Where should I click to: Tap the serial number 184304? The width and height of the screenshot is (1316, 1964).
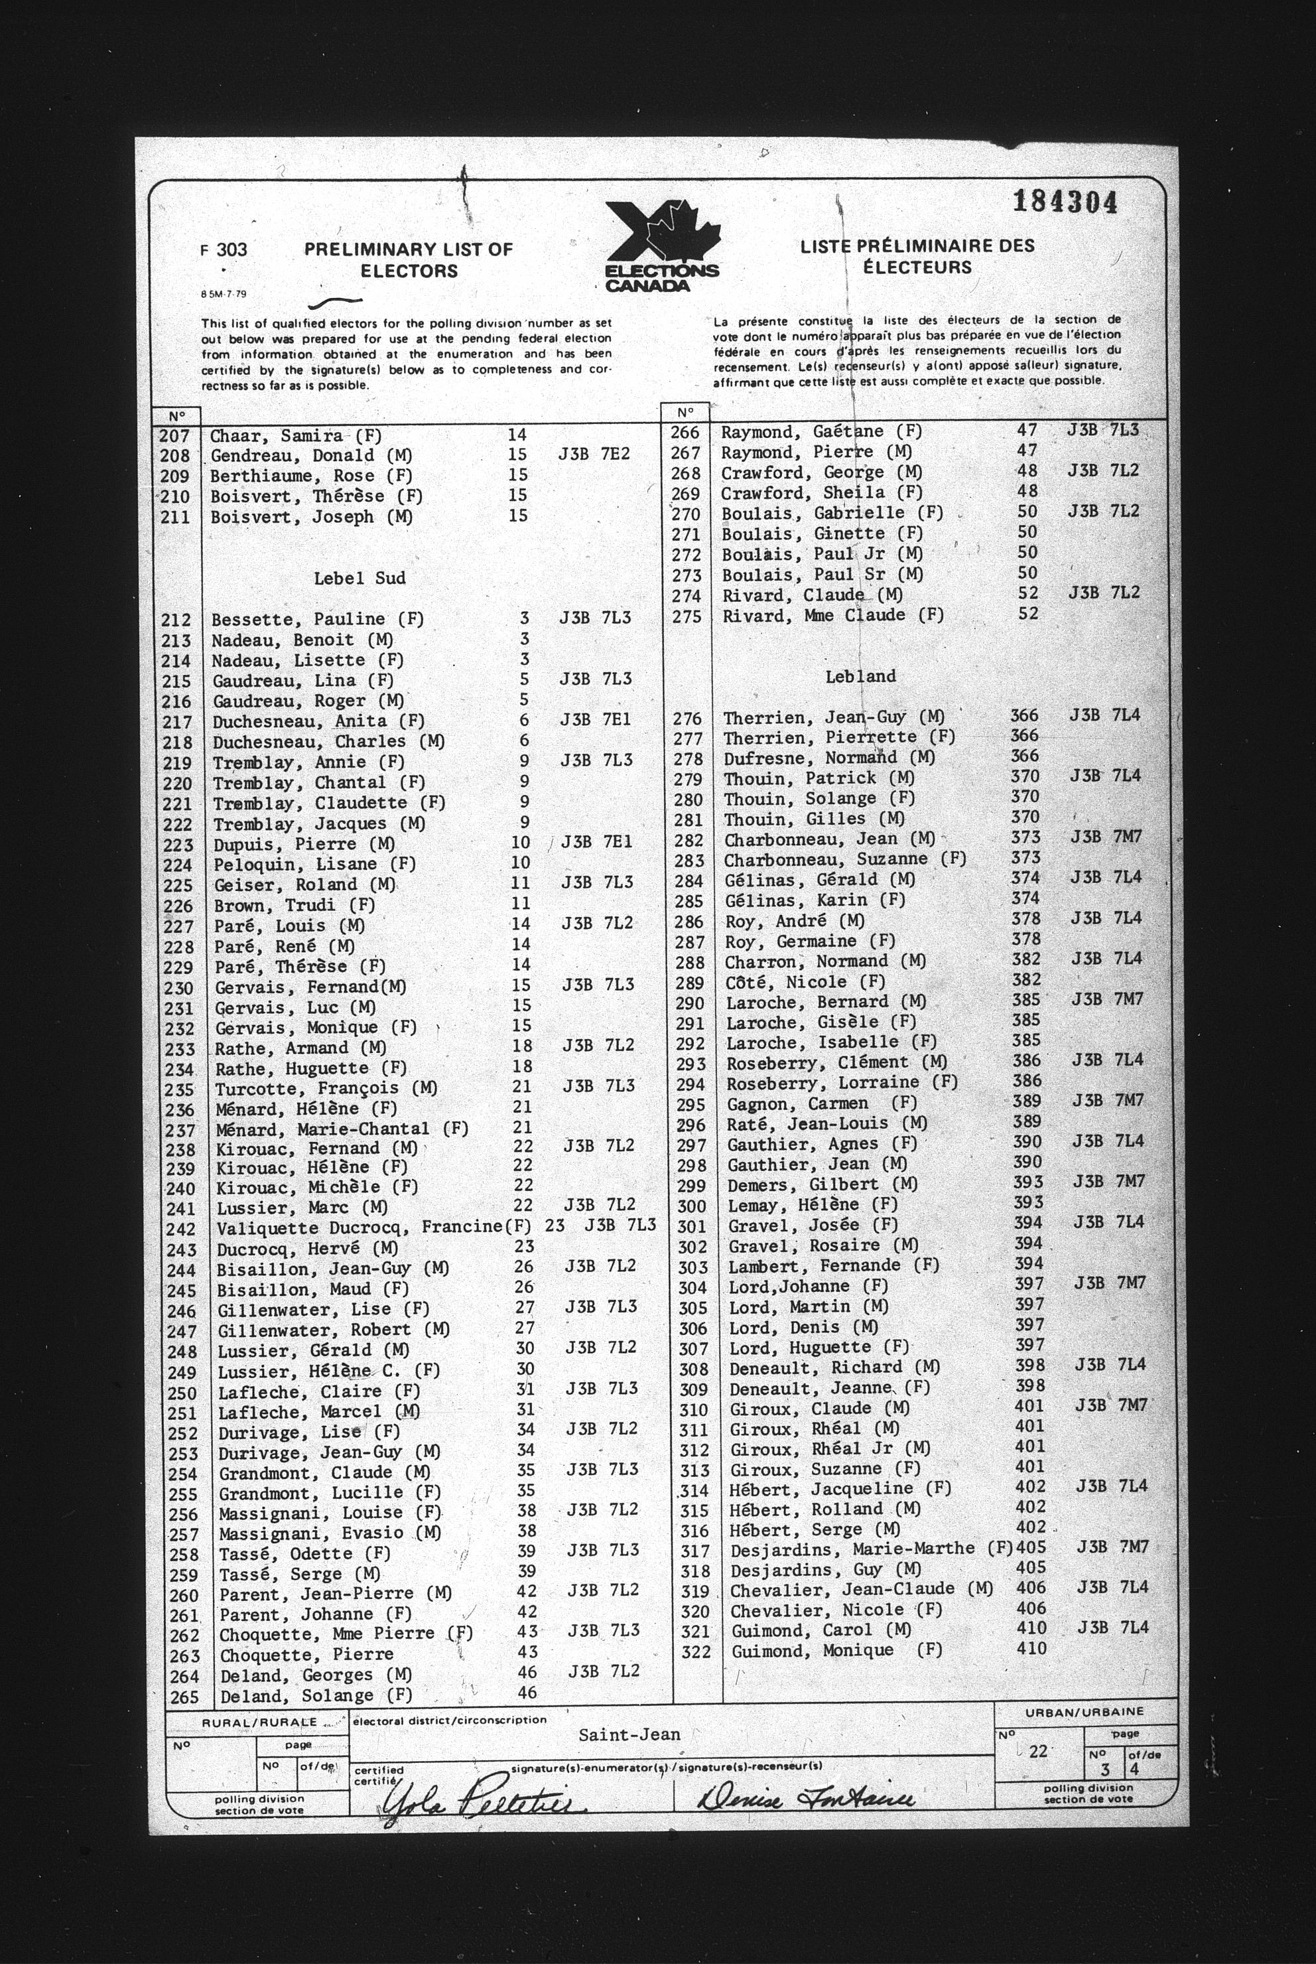click(1064, 202)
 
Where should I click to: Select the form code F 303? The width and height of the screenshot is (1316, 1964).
click(224, 249)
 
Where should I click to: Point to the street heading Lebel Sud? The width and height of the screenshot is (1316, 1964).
click(360, 577)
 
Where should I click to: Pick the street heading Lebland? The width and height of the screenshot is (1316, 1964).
click(860, 675)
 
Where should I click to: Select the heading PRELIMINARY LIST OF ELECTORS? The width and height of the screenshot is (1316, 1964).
click(408, 260)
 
